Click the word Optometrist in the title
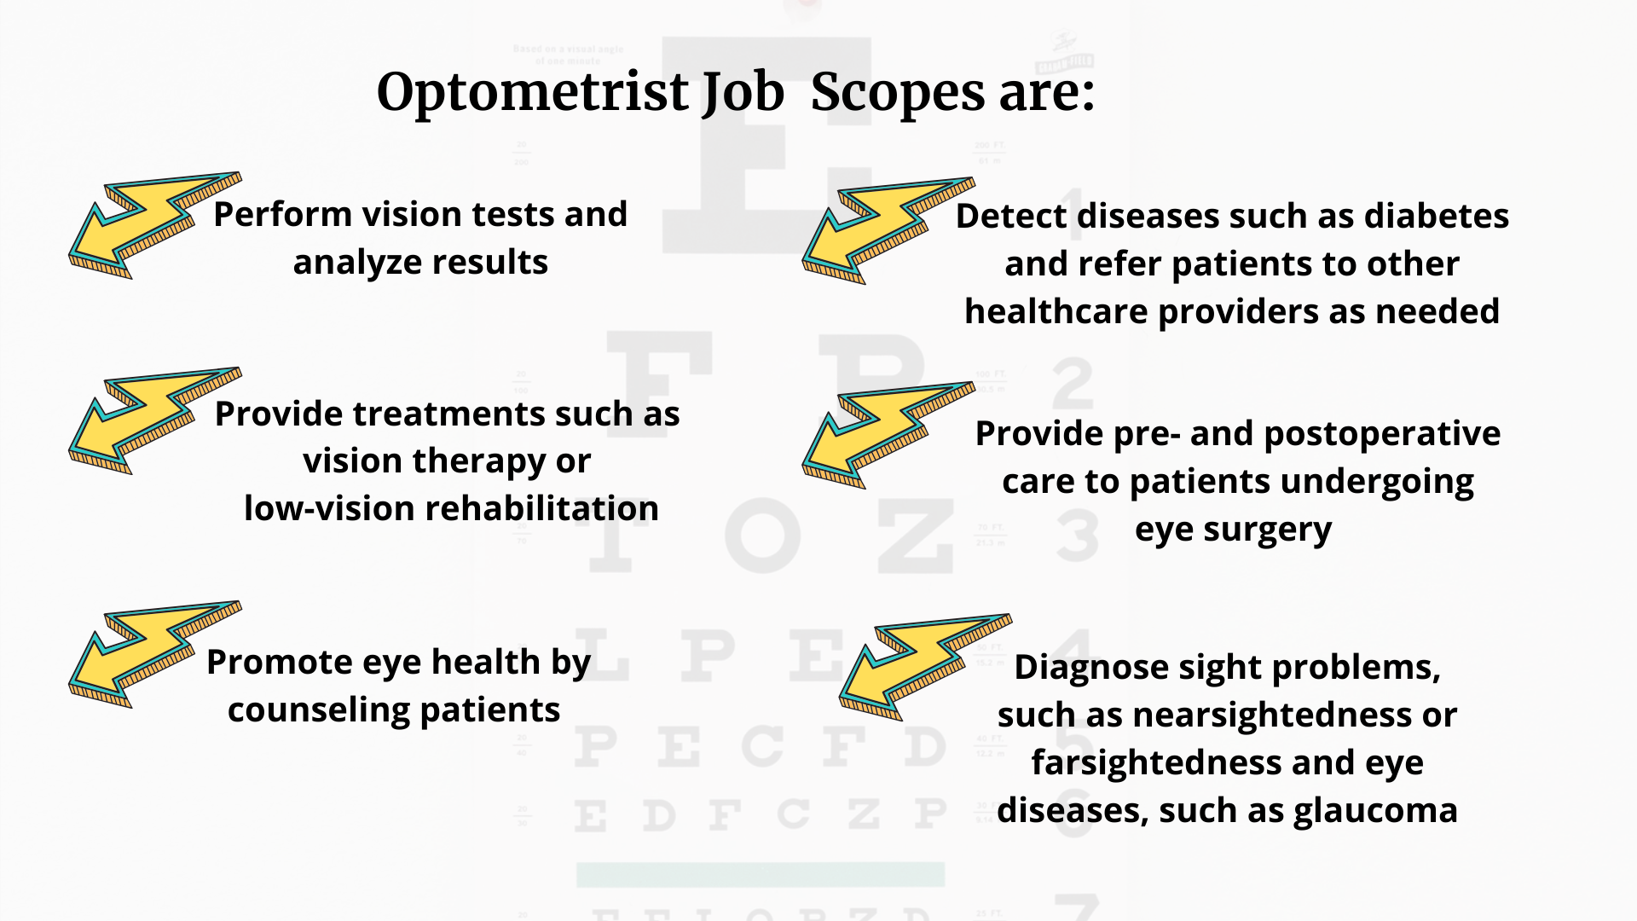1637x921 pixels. tap(532, 92)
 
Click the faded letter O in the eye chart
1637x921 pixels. tap(763, 536)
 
